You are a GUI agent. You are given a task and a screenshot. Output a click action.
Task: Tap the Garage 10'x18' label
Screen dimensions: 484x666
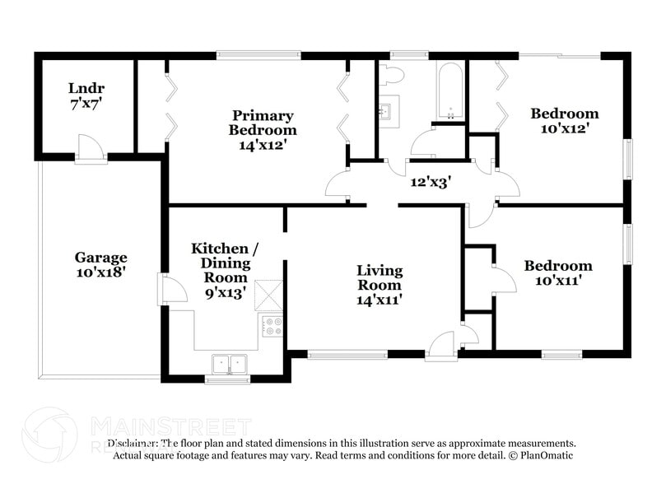[x=101, y=263]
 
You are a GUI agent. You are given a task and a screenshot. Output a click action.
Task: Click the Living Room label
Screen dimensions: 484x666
[x=379, y=285]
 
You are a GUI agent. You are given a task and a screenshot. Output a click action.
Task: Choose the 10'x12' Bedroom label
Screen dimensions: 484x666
[x=564, y=121]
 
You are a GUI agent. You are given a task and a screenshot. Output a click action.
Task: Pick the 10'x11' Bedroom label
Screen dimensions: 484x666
[x=557, y=273]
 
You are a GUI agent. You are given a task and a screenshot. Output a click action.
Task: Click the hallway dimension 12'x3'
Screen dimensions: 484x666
[x=431, y=182]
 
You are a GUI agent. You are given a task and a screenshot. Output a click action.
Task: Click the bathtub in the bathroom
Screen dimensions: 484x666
[x=450, y=91]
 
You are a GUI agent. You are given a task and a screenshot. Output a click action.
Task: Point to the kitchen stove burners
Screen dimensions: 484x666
[x=272, y=326]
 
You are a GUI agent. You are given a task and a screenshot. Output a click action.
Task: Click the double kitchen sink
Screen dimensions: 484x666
[x=228, y=362]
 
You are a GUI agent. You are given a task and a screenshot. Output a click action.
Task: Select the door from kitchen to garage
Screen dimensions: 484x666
[x=172, y=290]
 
